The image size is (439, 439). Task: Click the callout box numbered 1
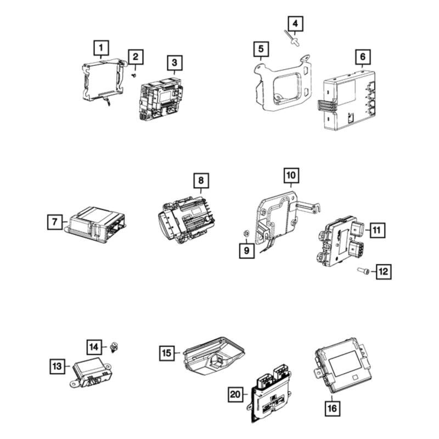(101, 49)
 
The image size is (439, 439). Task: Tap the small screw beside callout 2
(134, 76)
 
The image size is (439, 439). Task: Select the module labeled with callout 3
(158, 98)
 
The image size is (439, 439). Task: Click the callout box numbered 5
(261, 49)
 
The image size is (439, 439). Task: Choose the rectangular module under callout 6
(350, 98)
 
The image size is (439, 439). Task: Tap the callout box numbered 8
(201, 179)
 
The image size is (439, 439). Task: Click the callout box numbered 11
(376, 230)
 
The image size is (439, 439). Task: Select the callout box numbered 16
(333, 408)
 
